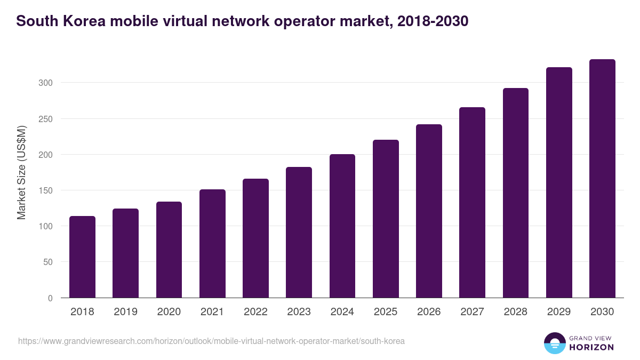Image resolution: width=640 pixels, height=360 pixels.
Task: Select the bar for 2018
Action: tap(82, 257)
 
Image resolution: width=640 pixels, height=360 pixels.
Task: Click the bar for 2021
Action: tap(212, 244)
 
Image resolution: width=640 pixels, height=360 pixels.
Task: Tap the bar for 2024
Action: tap(342, 226)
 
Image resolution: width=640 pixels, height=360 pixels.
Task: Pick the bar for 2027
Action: tap(473, 203)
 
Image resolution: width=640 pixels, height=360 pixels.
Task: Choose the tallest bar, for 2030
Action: tap(602, 179)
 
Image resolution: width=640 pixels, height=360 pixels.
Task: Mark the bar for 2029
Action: tap(559, 182)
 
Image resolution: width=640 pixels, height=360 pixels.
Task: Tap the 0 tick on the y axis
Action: tap(50, 298)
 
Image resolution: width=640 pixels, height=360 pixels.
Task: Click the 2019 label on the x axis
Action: tap(125, 312)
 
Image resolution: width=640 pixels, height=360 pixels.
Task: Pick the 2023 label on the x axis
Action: tap(299, 312)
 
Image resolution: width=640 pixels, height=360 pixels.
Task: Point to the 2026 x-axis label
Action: tap(429, 312)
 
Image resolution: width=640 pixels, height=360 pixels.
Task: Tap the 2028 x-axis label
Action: tap(516, 312)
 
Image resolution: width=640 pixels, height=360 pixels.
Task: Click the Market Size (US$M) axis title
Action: tap(21, 172)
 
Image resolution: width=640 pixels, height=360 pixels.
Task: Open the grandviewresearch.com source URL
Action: tap(211, 341)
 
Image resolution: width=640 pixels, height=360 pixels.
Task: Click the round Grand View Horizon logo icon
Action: tap(554, 343)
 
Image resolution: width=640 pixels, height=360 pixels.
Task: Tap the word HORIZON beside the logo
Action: tap(591, 347)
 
